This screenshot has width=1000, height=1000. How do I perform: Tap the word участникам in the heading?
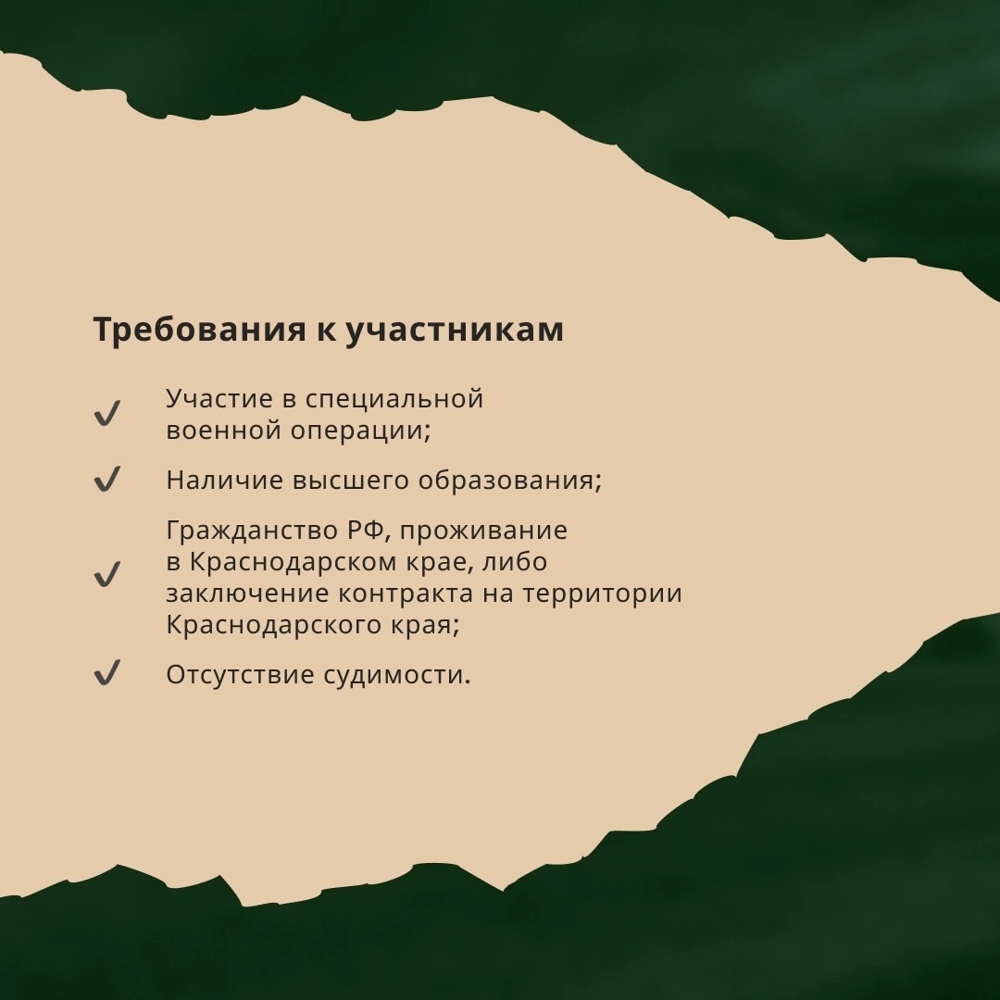[455, 331]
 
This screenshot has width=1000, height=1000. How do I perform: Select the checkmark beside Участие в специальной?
[107, 413]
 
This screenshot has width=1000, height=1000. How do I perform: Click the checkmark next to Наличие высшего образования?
[107, 479]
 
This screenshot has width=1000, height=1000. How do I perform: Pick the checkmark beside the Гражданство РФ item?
[107, 574]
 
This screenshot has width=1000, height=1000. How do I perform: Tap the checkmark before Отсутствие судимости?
[107, 673]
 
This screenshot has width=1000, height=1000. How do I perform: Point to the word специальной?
[394, 400]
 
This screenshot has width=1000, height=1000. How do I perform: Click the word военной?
[224, 430]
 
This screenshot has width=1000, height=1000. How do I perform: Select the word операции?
[361, 431]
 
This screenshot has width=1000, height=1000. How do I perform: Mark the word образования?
[509, 481]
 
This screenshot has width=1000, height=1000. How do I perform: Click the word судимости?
[396, 675]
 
